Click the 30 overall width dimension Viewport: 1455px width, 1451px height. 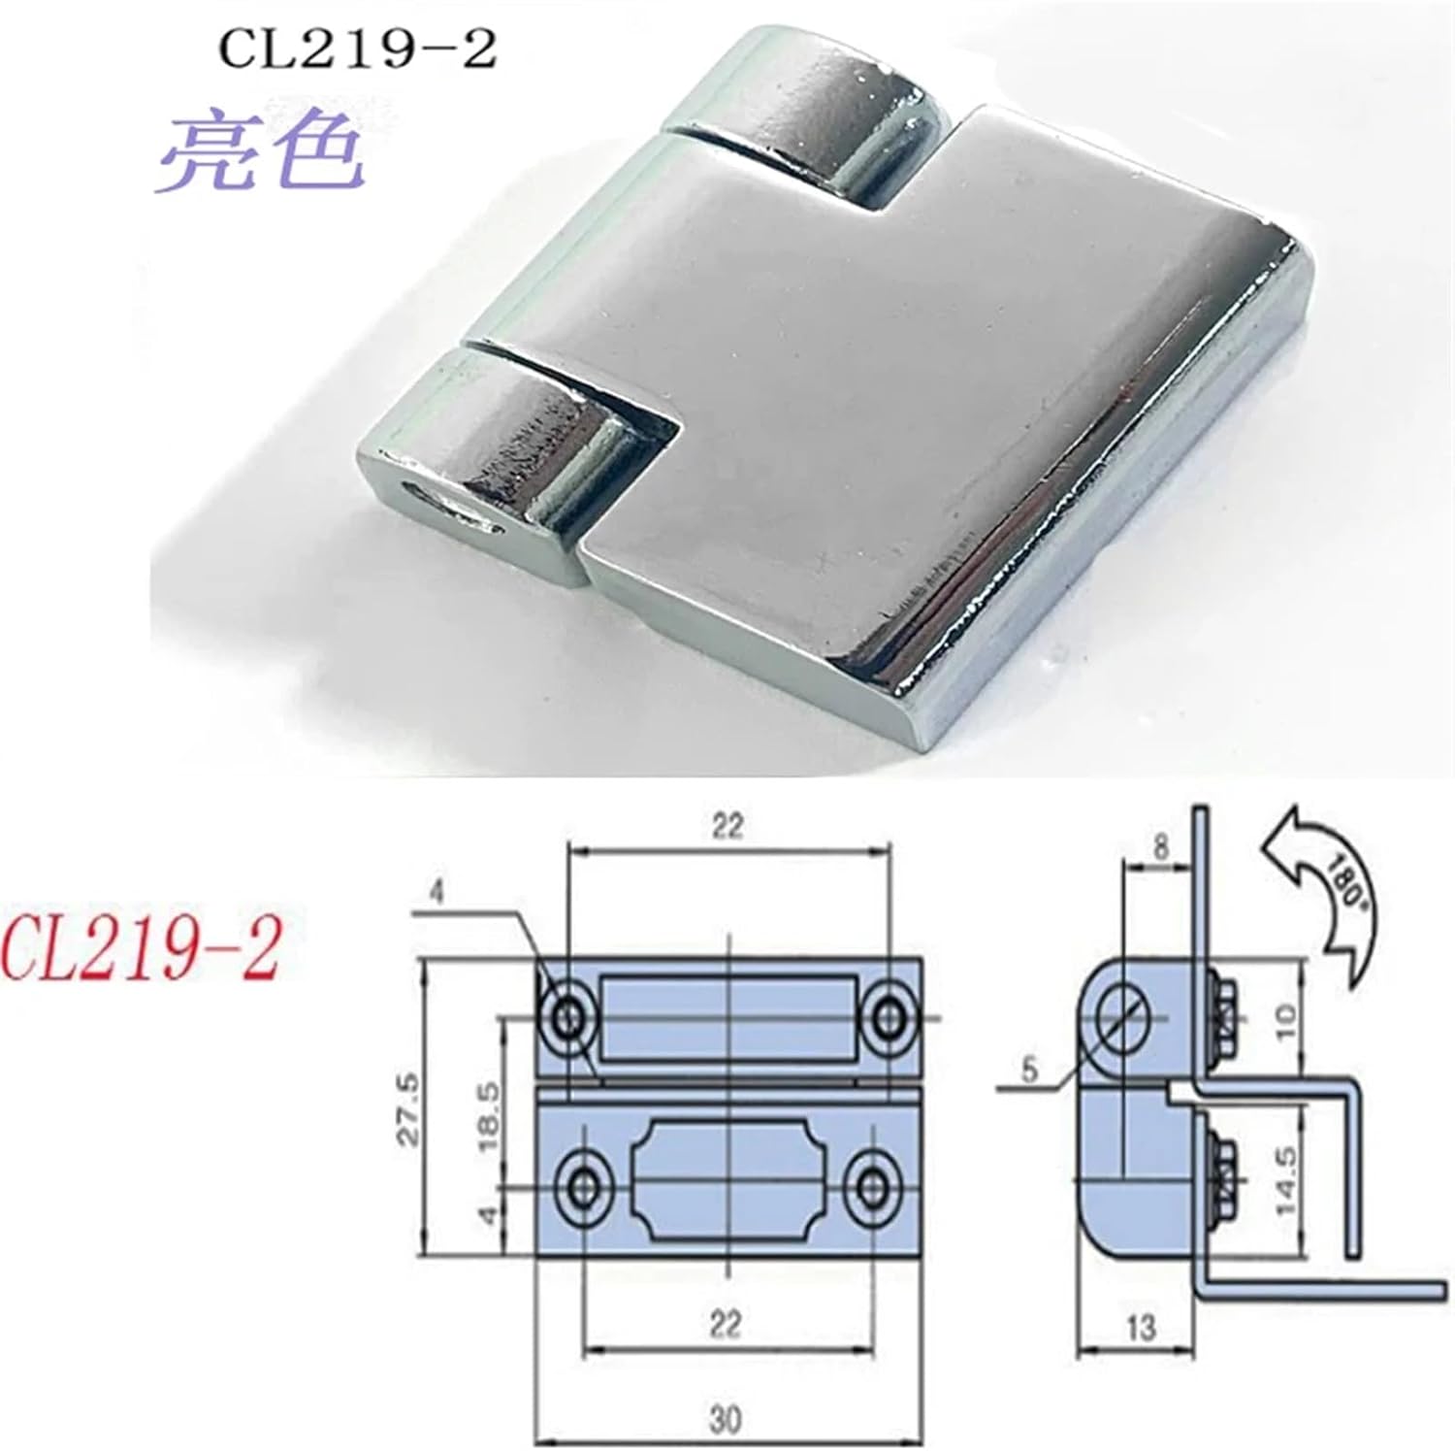tap(725, 1419)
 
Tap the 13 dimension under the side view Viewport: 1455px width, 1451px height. tap(1140, 1327)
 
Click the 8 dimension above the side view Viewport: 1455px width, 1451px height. tap(1160, 846)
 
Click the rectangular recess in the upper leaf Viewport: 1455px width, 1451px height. tap(727, 1018)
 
